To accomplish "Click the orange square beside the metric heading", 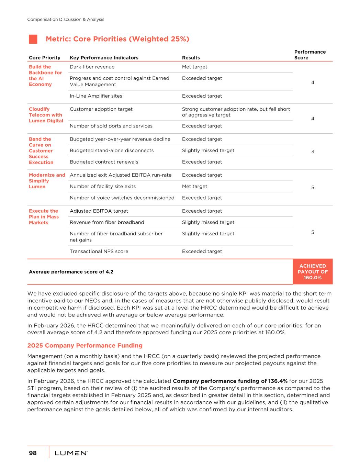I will click(33, 39).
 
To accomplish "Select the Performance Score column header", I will click(310, 55).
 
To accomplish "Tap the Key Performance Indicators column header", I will click(104, 58).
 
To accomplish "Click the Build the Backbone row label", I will click(45, 76).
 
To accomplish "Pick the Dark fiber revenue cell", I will click(92, 67).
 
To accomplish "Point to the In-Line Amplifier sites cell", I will click(96, 96).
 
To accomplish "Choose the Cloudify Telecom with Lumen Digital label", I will click(46, 115).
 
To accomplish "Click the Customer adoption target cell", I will click(101, 109).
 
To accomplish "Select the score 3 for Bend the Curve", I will click(313, 152).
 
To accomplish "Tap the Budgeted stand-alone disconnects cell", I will click(112, 150).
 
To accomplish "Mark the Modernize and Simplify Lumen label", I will click(47, 181).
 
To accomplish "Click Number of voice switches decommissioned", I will click(122, 198).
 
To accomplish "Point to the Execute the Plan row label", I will click(44, 217).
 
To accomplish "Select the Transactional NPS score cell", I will click(99, 252).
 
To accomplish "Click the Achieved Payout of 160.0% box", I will click(313, 272).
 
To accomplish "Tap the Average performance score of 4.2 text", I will click(71, 272).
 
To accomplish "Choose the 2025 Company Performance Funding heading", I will click(85, 346).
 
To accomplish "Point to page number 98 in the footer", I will click(33, 453).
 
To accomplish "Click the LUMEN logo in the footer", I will click(71, 454).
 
